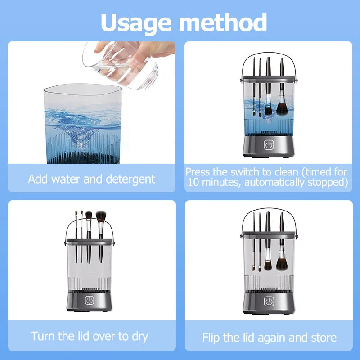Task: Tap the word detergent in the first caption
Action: (x=130, y=179)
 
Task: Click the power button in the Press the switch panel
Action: (x=269, y=145)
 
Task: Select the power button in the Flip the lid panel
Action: (x=269, y=301)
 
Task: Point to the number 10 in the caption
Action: (x=192, y=182)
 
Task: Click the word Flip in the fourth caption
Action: (x=211, y=337)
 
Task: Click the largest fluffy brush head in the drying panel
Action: (x=101, y=217)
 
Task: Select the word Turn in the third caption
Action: (x=43, y=335)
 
